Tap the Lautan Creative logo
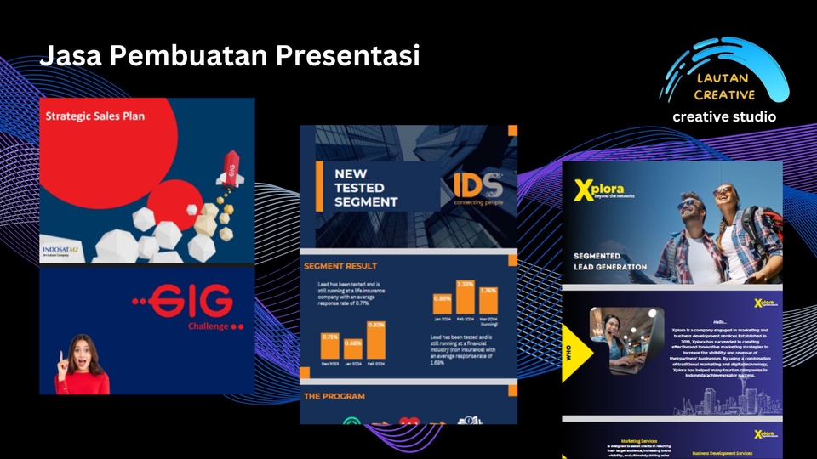pyautogui.click(x=724, y=76)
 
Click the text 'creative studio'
pyautogui.click(x=724, y=116)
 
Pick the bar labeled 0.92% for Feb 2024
pyautogui.click(x=376, y=339)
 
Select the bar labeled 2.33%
pyautogui.click(x=465, y=298)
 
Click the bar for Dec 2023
pyautogui.click(x=330, y=345)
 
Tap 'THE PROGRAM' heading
pyautogui.click(x=334, y=396)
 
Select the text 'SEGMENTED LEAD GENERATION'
pyautogui.click(x=609, y=261)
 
